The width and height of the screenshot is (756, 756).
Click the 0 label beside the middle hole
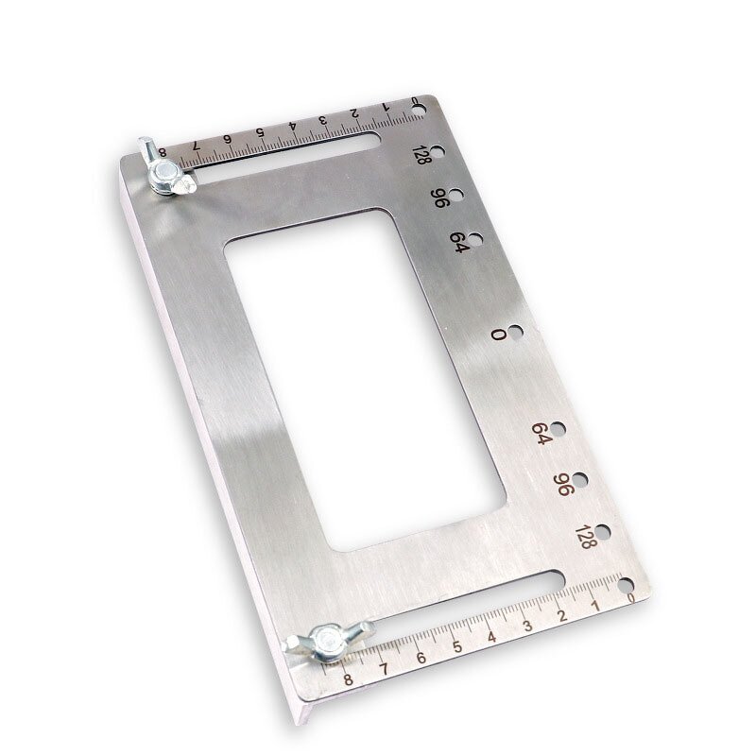pos(497,335)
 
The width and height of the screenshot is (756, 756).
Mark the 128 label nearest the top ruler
pos(421,155)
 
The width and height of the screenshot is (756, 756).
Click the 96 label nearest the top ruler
pos(439,198)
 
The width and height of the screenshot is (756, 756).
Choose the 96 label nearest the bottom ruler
pos(561,485)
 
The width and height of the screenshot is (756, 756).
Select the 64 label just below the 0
pos(541,434)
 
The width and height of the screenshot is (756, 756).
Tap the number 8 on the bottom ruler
pos(349,678)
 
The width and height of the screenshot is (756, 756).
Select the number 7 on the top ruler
pos(196,146)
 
